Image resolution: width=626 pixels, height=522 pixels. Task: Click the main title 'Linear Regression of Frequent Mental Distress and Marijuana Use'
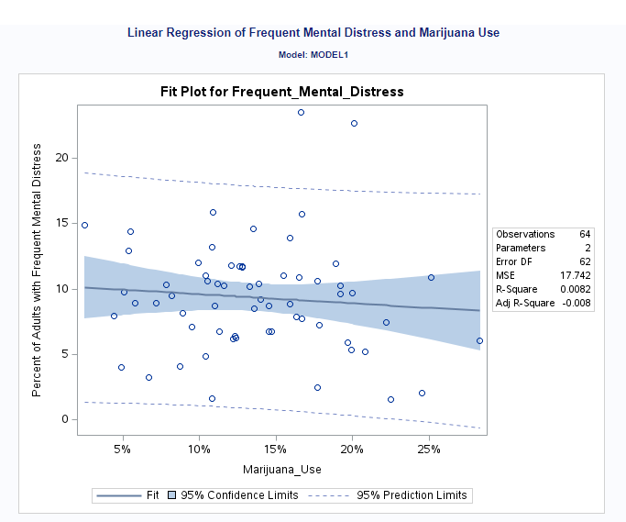[313, 33]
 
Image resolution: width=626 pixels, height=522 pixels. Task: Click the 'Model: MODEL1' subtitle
[313, 55]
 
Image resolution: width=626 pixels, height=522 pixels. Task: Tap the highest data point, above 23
[301, 112]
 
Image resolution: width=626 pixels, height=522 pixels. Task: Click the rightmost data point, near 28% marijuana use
[479, 340]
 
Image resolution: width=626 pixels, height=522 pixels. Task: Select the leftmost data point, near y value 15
[84, 225]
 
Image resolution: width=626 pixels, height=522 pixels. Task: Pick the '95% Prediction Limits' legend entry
[412, 495]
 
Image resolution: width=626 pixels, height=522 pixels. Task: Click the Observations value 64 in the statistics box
[585, 234]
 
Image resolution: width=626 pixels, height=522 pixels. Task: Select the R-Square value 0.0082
[577, 289]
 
